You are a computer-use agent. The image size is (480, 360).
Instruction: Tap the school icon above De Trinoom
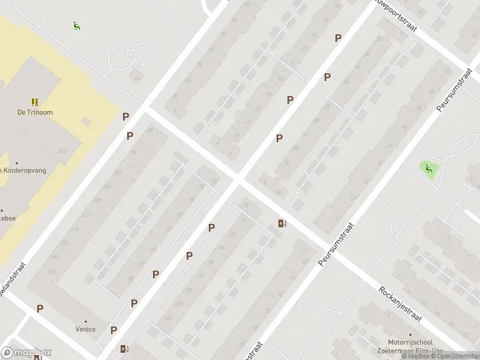[x=34, y=102]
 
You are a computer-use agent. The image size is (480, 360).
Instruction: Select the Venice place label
[x=85, y=329]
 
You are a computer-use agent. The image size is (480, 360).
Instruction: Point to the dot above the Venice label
[x=85, y=321]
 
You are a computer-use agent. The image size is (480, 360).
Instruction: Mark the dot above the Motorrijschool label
[x=410, y=335]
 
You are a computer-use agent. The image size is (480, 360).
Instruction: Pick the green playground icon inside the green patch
[x=428, y=169]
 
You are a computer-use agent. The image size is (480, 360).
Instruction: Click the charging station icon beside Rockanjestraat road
[x=282, y=224]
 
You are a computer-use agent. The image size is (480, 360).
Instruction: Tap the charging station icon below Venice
[x=124, y=349]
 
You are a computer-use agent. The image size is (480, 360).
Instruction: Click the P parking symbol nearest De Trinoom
[x=126, y=117]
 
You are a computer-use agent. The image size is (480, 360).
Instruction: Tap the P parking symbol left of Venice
[x=40, y=308]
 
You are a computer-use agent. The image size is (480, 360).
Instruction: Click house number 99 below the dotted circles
[x=138, y=79]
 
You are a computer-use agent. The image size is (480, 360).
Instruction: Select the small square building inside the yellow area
[x=86, y=121]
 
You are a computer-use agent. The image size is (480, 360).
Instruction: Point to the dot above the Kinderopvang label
[x=17, y=163]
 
